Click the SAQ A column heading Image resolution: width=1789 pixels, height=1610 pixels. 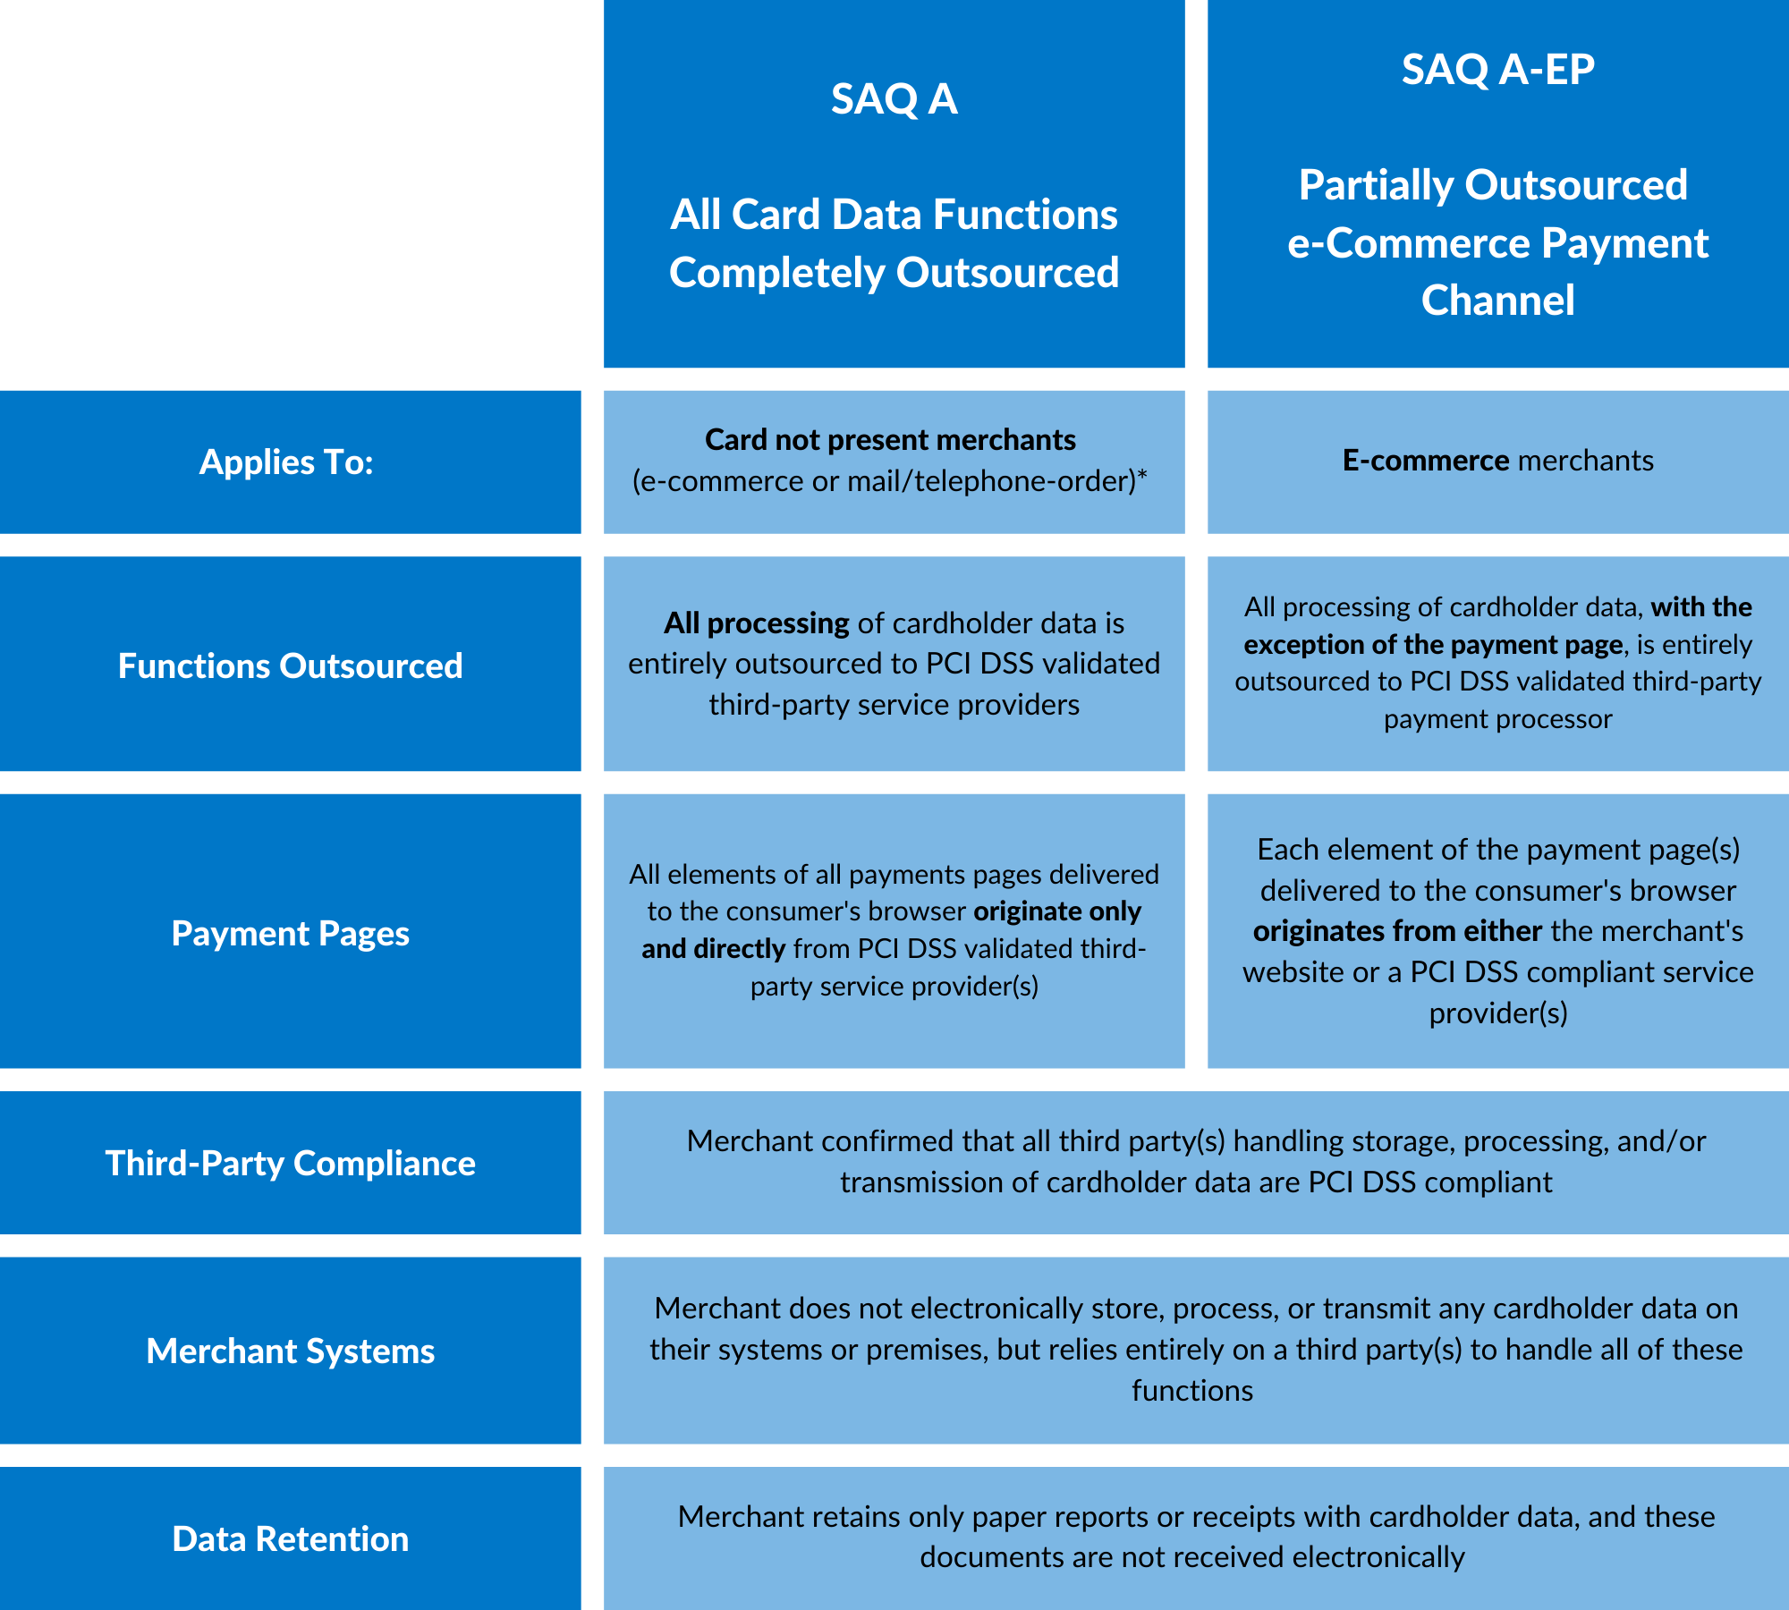click(x=894, y=98)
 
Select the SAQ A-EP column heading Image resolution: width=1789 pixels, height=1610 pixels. click(x=1497, y=70)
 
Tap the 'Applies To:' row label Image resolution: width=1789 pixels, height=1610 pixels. click(x=286, y=462)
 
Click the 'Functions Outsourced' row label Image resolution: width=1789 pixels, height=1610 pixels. click(x=290, y=665)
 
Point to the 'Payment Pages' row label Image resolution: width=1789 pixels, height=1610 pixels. click(x=290, y=933)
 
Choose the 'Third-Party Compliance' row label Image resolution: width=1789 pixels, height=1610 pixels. click(x=290, y=1163)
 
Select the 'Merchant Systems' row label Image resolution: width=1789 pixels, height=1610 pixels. click(x=290, y=1351)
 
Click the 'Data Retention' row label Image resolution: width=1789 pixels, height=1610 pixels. click(x=290, y=1538)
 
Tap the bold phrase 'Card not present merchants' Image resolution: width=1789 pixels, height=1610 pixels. click(x=890, y=440)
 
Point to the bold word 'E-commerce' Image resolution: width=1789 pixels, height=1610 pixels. click(x=1426, y=461)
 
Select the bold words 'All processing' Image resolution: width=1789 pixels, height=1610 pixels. click(x=756, y=623)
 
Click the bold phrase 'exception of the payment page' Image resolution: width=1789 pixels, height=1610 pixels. click(x=1432, y=645)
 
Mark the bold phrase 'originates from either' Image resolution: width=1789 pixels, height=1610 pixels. click(x=1397, y=931)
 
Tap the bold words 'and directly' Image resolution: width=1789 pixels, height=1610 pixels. click(x=713, y=948)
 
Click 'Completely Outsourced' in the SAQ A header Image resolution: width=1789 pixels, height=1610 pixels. click(x=894, y=273)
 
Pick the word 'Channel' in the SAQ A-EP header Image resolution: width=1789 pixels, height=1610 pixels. click(x=1497, y=301)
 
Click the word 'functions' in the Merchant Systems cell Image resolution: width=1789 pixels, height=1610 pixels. click(x=1191, y=1391)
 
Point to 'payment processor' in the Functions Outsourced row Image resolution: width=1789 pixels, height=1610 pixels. click(x=1497, y=719)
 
